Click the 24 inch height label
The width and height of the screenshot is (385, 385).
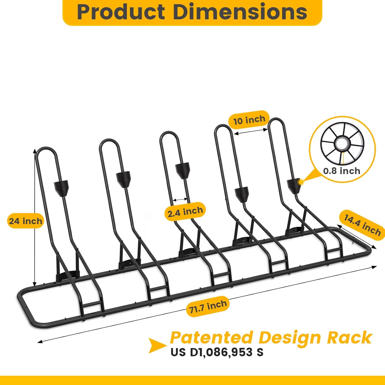coord(25,221)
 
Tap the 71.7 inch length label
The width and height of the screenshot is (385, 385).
coord(208,306)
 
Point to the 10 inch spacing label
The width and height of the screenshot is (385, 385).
coord(249,120)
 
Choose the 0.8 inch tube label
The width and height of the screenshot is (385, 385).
coord(342,171)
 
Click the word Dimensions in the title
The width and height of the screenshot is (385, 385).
coord(240,12)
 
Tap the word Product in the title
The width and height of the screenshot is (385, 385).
coord(121,12)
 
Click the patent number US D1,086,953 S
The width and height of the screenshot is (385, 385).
coord(217,352)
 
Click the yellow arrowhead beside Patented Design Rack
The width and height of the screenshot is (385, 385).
coord(157,345)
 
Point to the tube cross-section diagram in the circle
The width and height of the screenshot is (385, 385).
coord(342,143)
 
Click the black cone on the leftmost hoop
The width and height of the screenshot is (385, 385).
coord(62,188)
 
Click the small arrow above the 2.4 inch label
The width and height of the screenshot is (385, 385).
coord(180,199)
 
